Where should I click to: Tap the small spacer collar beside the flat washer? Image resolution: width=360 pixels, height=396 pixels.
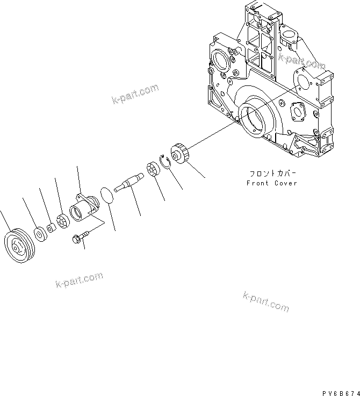[x=50, y=228]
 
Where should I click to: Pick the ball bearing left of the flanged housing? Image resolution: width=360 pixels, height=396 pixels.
[x=62, y=221]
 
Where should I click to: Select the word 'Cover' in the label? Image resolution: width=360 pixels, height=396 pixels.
[x=285, y=183]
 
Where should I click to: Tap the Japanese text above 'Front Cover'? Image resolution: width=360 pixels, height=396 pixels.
[x=272, y=174]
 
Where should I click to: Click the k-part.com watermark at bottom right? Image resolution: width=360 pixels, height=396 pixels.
[x=266, y=302]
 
